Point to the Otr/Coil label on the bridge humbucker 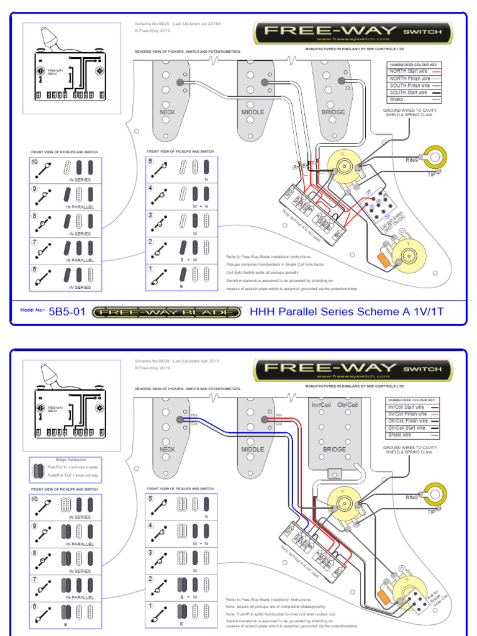coord(348,405)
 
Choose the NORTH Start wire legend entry coord(408,71)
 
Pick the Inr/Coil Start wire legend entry coord(408,407)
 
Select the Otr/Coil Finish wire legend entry coord(408,421)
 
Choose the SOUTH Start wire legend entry coord(408,93)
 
